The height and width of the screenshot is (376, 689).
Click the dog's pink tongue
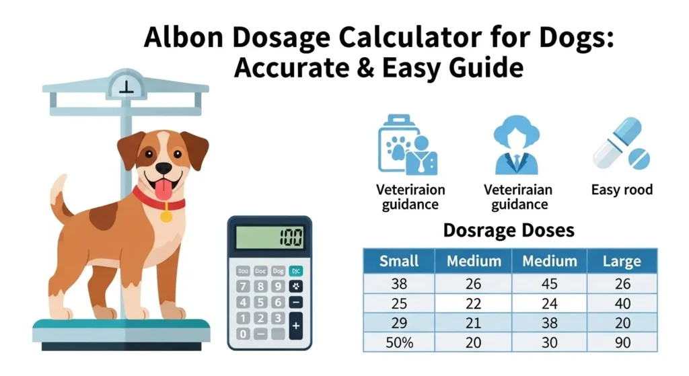point(163,190)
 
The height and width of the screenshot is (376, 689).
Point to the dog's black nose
point(164,168)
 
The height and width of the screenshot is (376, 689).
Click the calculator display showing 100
point(269,237)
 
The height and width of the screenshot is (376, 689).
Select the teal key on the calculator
point(296,271)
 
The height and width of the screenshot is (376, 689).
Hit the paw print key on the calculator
point(296,287)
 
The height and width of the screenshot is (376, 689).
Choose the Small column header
point(399,261)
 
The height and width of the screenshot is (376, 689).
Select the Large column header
point(622,261)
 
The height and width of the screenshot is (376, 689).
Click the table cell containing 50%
point(399,342)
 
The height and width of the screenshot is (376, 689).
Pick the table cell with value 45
point(549,285)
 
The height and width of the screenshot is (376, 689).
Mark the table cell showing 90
point(622,342)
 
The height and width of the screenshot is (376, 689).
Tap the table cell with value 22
point(473,303)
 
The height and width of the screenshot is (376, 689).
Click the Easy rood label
point(622,190)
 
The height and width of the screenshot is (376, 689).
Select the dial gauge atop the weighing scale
point(125,83)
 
